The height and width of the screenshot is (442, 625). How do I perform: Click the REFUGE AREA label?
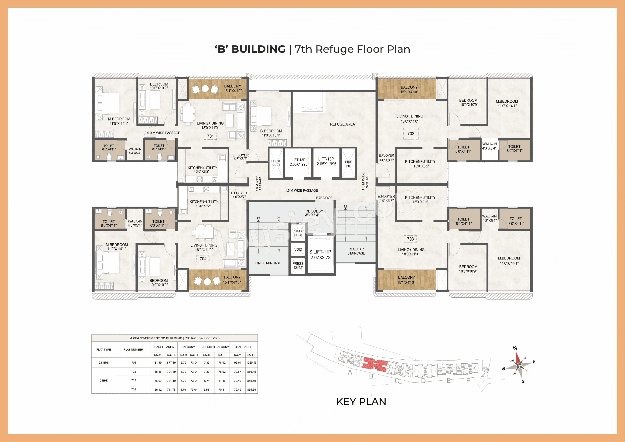342,124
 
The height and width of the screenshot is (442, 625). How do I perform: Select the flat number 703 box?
410,239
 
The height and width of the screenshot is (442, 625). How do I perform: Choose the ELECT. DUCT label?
276,163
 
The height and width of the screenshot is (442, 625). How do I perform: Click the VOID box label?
298,249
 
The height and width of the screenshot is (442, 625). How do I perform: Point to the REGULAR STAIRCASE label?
356,251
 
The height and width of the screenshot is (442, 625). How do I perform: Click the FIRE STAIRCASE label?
268,263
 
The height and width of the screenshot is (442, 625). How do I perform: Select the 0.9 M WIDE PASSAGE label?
164,133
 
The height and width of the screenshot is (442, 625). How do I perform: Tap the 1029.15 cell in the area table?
251,362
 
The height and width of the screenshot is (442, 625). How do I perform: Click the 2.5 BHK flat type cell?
104,362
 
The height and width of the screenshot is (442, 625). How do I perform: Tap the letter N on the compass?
515,348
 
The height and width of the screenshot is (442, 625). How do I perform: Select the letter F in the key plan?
468,380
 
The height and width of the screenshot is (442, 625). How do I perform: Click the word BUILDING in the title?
258,49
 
